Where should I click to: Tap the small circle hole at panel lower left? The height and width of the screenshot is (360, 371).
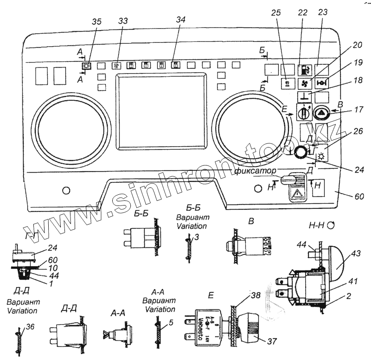[x=66, y=190]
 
